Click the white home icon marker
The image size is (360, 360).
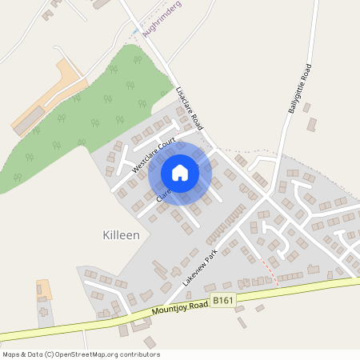coord(180,172)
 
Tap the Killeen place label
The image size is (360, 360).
coord(122,235)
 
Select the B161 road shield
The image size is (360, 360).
coord(223,300)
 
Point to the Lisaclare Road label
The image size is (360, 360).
coord(190,107)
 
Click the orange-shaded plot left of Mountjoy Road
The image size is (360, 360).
coord(44,289)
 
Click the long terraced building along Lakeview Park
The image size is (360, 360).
coord(226,224)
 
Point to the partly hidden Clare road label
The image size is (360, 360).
coord(163,193)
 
